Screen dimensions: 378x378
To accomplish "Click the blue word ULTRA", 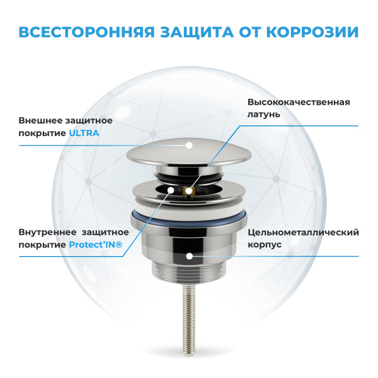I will coord(84,134).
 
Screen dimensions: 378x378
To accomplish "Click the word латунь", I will coord(264,115).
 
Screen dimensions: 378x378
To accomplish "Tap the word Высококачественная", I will coord(299,102).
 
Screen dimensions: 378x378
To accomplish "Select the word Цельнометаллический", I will coord(304,232).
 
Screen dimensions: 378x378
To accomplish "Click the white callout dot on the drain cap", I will coord(188,145).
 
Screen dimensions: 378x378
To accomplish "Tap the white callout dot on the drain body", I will coord(190,256).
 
